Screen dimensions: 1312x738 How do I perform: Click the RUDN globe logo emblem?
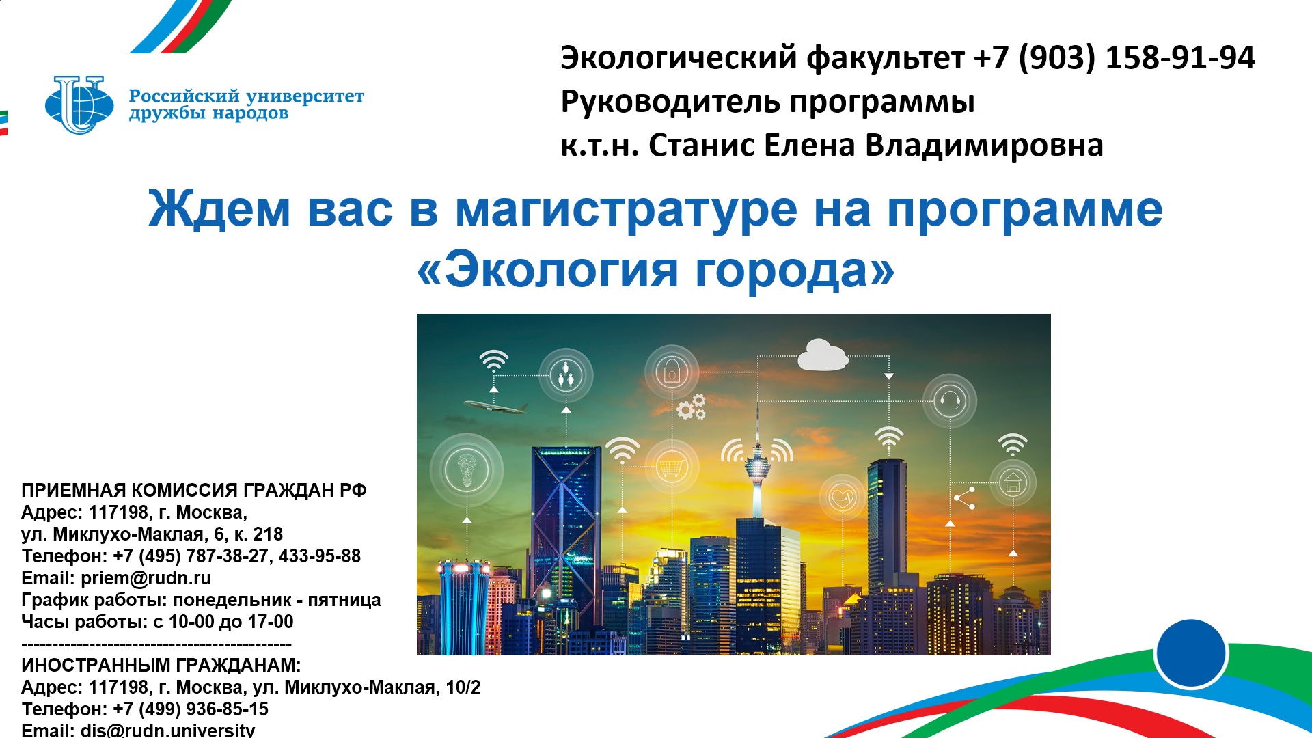point(79,105)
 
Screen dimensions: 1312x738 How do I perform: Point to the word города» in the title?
point(795,270)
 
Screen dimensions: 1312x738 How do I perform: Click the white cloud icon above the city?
point(823,355)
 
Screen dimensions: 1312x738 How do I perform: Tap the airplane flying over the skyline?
point(495,407)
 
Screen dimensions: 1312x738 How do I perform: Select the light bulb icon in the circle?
point(467,469)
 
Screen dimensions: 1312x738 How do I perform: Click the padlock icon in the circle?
point(672,372)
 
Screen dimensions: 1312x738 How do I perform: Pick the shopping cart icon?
point(672,468)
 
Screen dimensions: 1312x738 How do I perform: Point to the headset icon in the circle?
point(950,400)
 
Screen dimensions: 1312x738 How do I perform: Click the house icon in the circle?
point(1013,482)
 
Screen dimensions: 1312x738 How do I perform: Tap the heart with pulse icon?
point(843,497)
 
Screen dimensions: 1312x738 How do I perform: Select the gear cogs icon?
point(692,407)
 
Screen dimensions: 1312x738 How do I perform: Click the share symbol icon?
point(964,498)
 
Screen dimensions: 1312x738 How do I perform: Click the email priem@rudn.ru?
point(146,578)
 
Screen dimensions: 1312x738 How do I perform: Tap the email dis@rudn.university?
point(168,730)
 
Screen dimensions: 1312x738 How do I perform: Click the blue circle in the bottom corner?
point(1191,653)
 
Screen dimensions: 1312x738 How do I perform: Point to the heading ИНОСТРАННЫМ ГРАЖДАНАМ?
point(161,666)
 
